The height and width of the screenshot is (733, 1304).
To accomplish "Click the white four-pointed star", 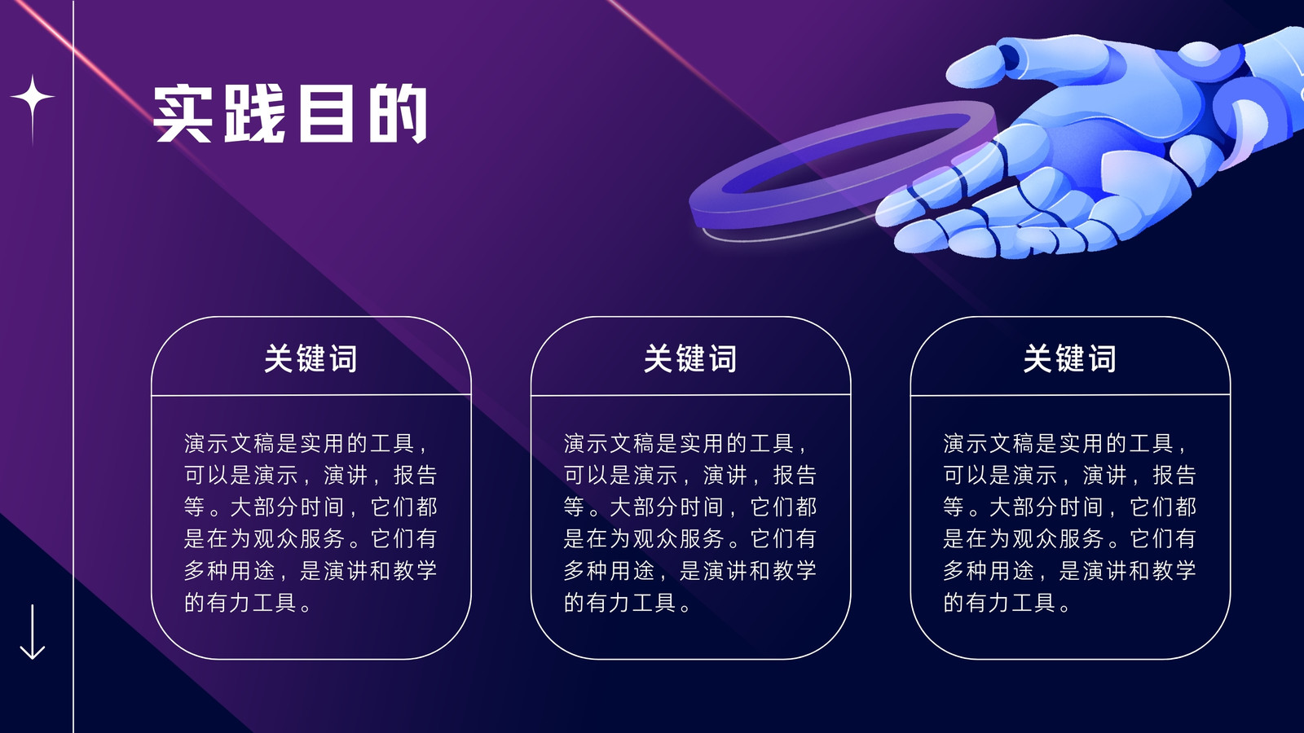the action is click(33, 97).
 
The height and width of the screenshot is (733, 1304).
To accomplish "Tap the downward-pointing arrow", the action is click(33, 632).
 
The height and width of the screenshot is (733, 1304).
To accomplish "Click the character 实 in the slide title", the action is click(182, 113).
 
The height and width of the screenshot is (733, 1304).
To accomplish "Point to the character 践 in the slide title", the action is click(254, 113).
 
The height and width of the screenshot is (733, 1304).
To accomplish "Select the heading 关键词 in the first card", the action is click(311, 358).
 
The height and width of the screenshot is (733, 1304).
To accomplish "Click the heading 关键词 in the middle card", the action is click(690, 358).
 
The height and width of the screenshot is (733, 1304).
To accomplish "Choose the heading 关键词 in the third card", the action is click(1070, 358).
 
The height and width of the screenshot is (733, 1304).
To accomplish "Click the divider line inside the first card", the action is click(311, 395).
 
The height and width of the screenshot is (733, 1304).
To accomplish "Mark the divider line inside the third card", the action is click(1070, 395).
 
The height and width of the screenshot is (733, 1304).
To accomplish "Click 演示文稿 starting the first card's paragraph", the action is click(229, 443).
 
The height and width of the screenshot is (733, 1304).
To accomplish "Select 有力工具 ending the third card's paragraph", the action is click(1011, 603).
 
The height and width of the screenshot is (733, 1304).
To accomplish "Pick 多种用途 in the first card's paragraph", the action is click(229, 571).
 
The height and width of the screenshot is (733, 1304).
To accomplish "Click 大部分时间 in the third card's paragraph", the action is click(1046, 507).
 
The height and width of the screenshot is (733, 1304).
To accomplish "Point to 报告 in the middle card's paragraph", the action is click(795, 476).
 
